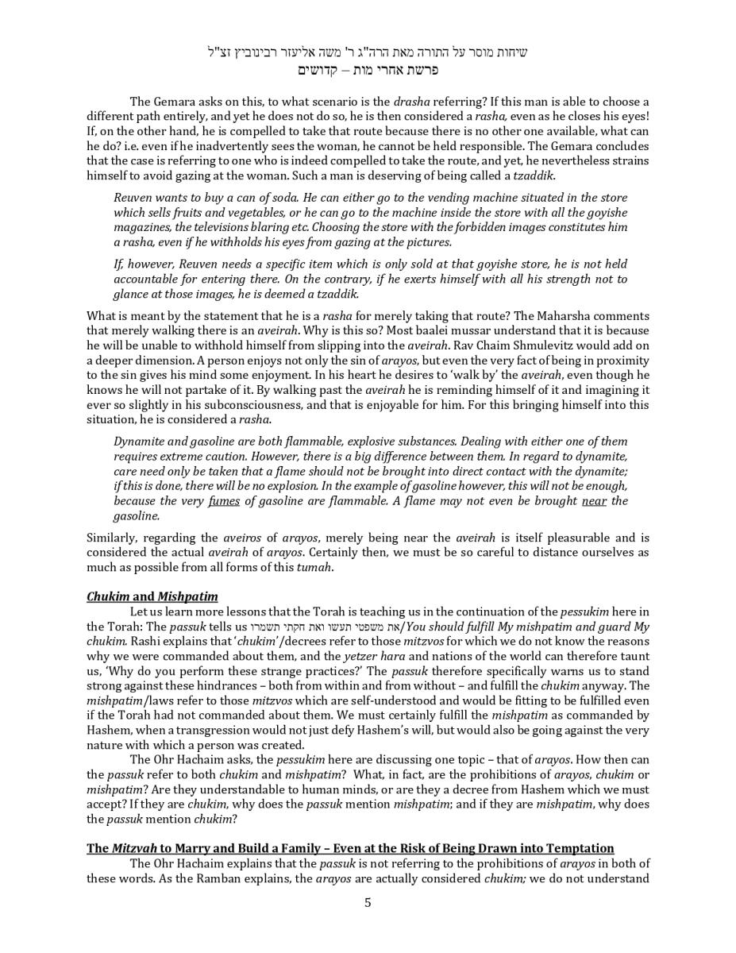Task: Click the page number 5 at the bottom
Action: (368, 902)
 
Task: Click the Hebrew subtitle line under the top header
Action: (368, 70)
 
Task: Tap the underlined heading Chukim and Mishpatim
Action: (152, 596)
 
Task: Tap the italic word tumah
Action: (314, 568)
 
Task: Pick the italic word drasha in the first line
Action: (411, 102)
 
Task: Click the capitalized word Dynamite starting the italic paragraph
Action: (141, 442)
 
